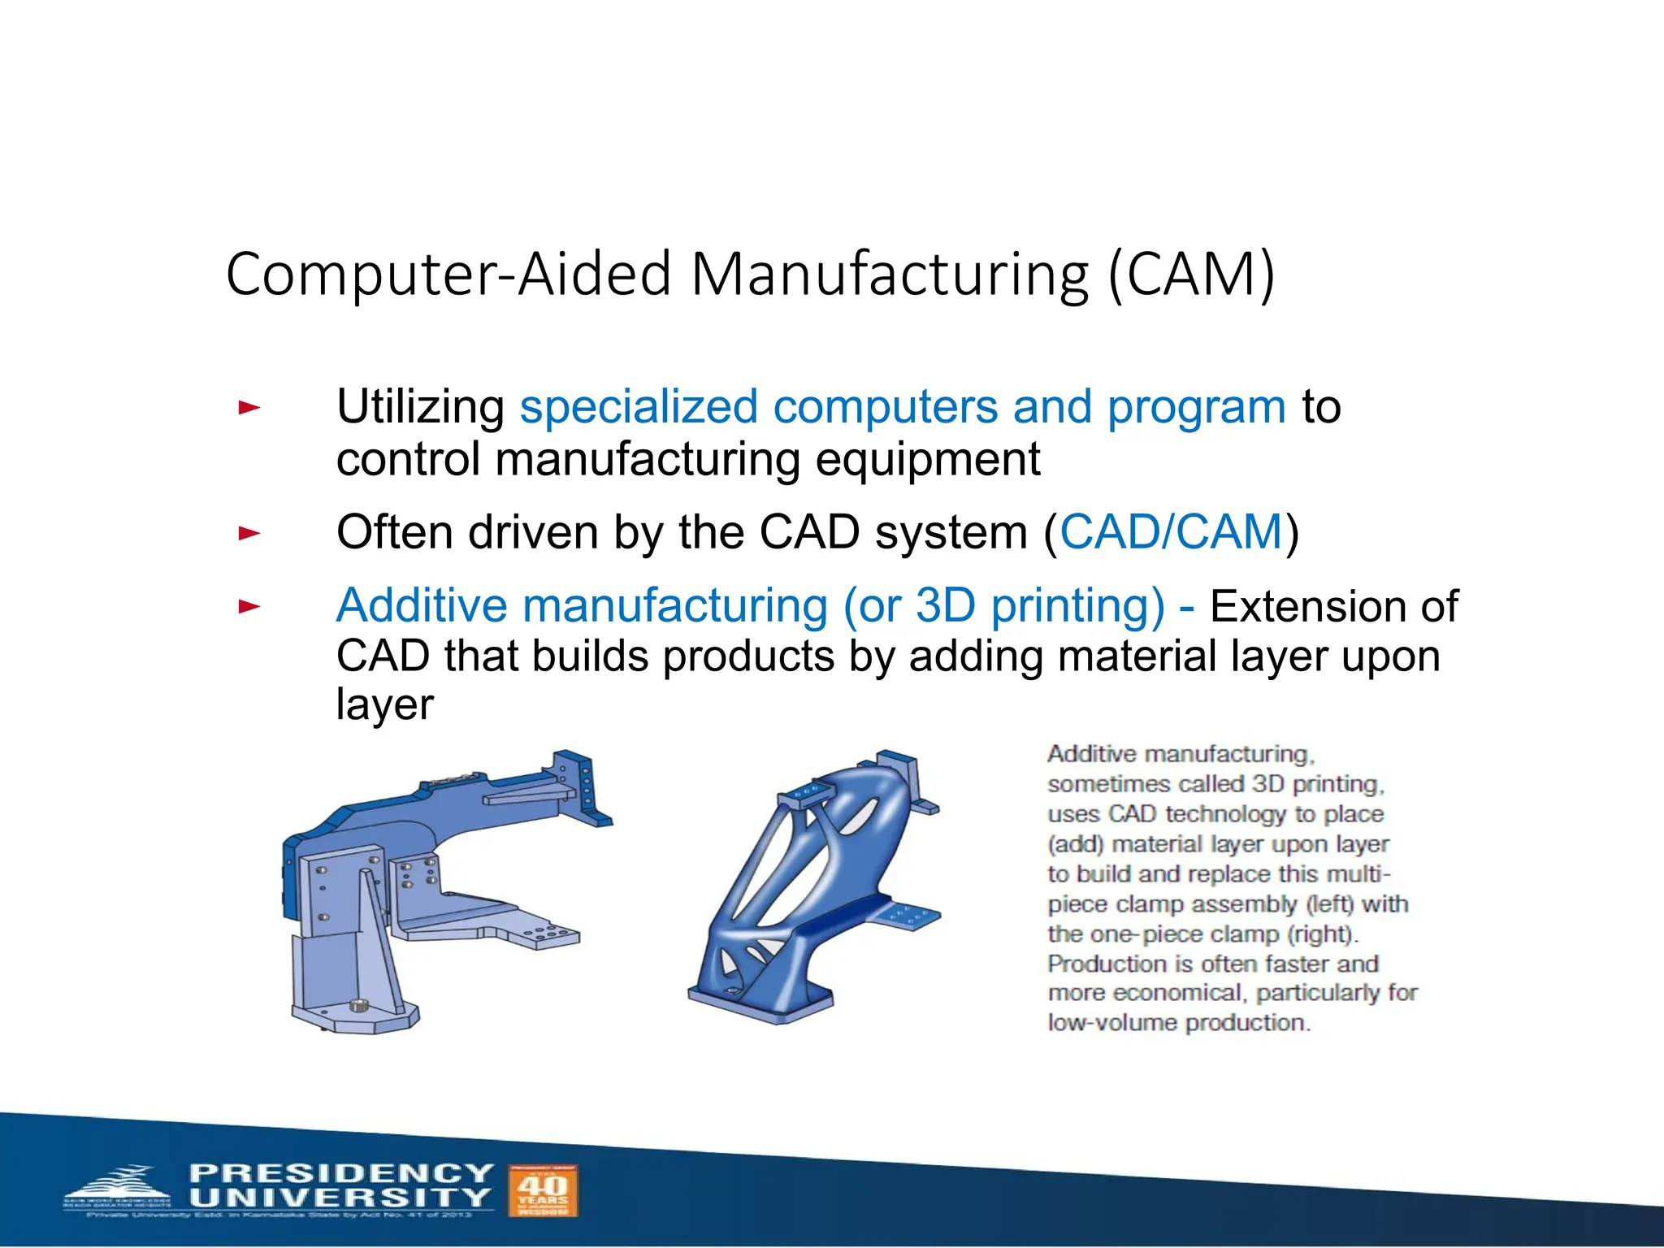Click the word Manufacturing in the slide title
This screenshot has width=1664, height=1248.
click(889, 275)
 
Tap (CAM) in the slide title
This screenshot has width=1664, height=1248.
click(1192, 275)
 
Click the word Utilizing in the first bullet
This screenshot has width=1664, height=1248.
click(420, 407)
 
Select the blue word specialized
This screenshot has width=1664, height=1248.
click(639, 407)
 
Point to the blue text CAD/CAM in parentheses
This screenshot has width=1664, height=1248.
click(1171, 533)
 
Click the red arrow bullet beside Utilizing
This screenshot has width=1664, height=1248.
click(249, 407)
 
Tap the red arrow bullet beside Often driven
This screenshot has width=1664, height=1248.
click(249, 534)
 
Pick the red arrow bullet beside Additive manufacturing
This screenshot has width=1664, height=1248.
click(249, 606)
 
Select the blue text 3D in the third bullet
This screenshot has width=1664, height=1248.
click(945, 606)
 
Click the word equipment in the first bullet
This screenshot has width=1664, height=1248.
click(927, 460)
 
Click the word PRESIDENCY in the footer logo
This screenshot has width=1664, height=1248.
click(341, 1173)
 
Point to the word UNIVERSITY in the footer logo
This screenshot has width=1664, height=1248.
click(340, 1198)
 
